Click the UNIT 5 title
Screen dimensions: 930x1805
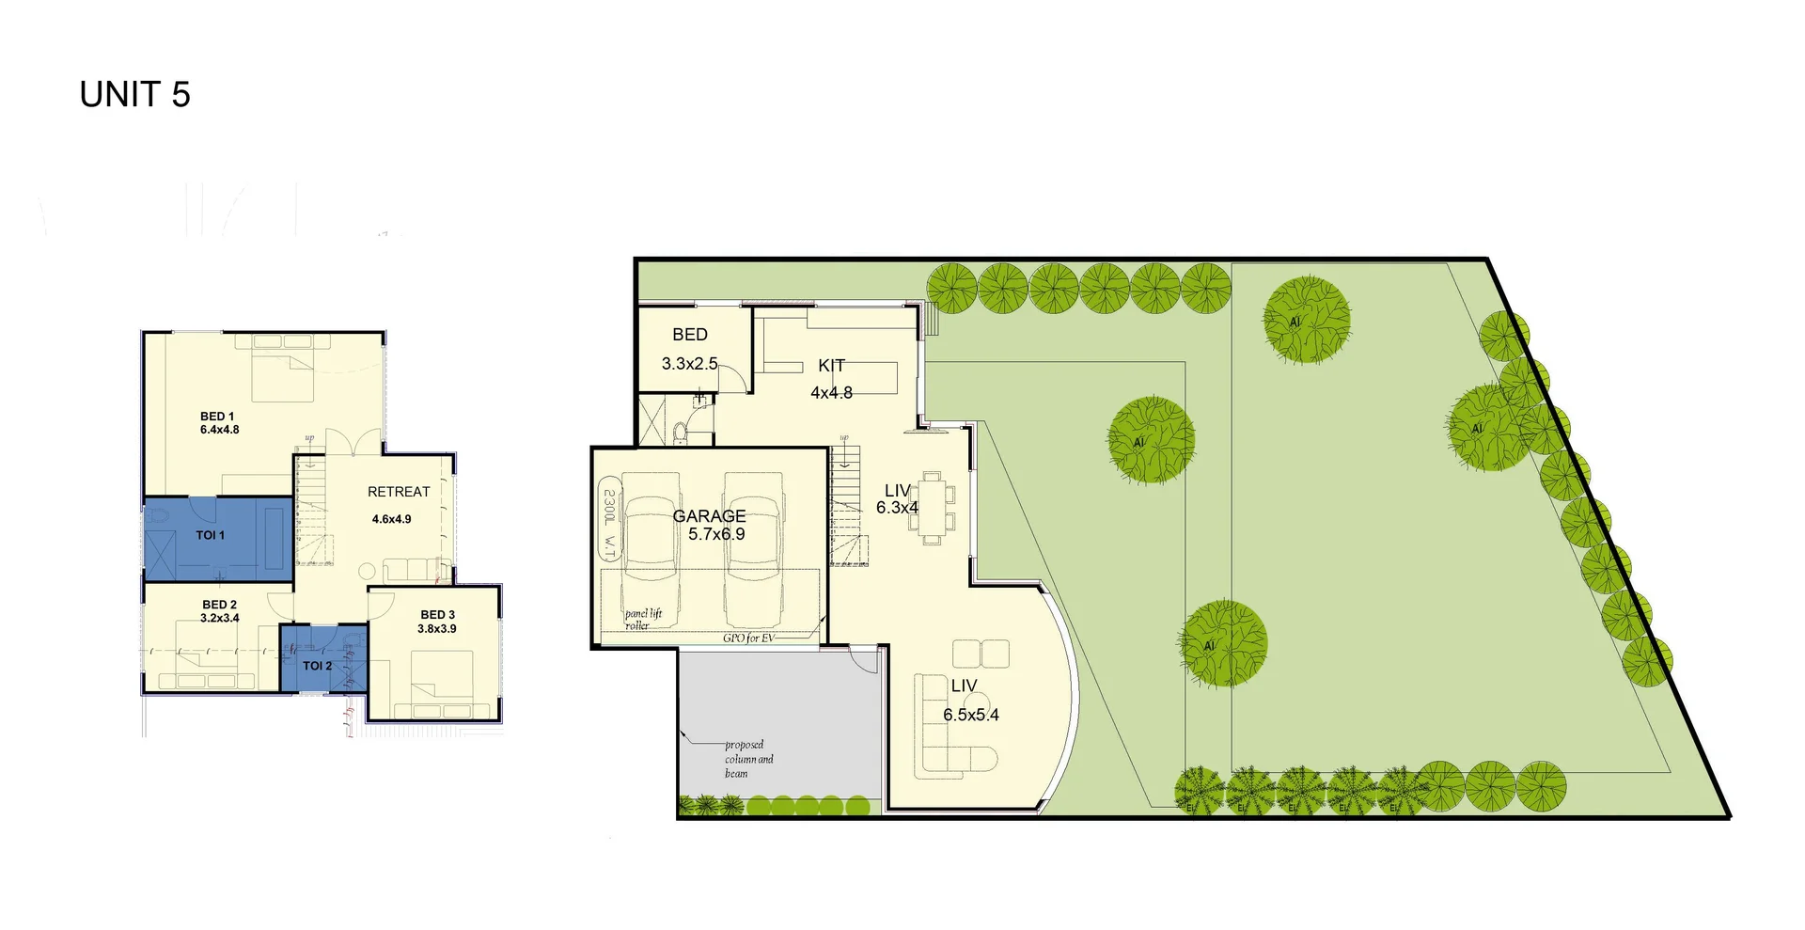[134, 95]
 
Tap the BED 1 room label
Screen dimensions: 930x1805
[217, 417]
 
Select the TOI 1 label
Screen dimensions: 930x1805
[210, 535]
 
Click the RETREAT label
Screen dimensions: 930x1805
[399, 492]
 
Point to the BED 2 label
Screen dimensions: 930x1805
[219, 605]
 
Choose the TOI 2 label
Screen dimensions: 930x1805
[317, 666]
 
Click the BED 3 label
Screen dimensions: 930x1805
[437, 615]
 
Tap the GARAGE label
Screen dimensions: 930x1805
[710, 516]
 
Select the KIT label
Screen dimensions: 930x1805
[831, 366]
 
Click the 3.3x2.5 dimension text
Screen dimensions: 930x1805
[689, 364]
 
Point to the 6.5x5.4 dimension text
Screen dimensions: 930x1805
[971, 715]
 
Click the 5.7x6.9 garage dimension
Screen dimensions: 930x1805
[716, 534]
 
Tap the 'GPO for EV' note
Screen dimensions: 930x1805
[749, 638]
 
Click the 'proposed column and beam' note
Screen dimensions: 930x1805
[748, 759]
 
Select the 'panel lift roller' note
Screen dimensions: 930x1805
[643, 619]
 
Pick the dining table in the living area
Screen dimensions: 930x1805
[932, 508]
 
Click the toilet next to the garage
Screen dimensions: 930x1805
[681, 433]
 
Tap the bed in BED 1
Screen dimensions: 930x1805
[282, 377]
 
